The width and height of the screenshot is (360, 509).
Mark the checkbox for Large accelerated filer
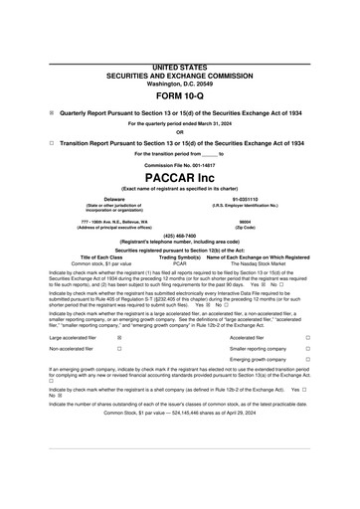pos(118,338)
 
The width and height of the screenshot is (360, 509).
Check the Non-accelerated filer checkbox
pos(118,349)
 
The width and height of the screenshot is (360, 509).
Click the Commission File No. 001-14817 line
pos(180,164)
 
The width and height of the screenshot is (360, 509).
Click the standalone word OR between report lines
pos(180,132)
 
